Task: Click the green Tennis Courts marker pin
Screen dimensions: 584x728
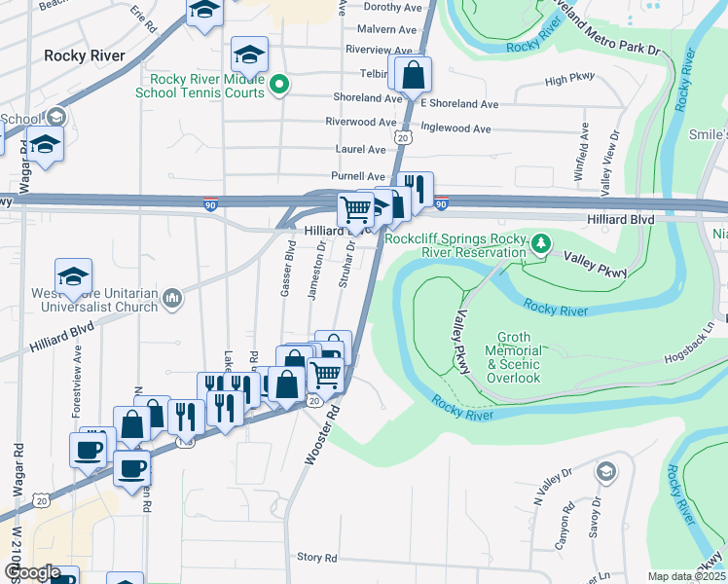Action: [x=279, y=85]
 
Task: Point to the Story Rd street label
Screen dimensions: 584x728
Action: [x=316, y=558]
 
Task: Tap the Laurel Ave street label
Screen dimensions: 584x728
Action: [x=361, y=150]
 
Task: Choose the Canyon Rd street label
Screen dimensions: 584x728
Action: [x=563, y=526]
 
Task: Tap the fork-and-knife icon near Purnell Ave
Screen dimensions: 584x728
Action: [x=417, y=189]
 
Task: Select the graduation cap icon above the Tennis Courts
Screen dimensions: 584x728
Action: [x=249, y=56]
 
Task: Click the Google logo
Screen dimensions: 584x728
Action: [x=31, y=573]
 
